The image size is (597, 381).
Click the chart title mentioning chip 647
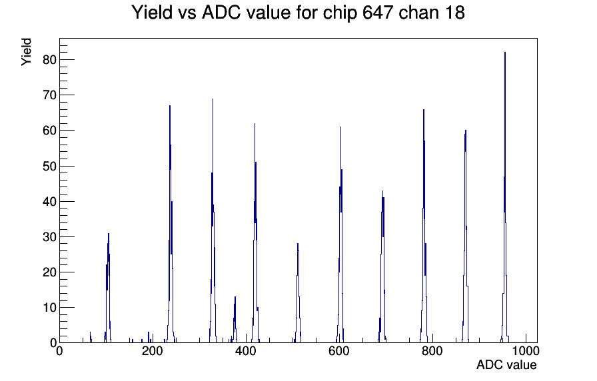[x=298, y=13]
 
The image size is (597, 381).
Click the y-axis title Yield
[x=26, y=52]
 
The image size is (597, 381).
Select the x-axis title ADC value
[x=506, y=364]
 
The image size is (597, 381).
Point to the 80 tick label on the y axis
[x=49, y=60]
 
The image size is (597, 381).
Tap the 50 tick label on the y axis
[x=49, y=167]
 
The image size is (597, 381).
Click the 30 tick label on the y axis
[x=49, y=237]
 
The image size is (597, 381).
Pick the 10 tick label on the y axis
[x=49, y=308]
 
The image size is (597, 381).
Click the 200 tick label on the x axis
[x=153, y=351]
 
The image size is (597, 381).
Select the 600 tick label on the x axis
[x=339, y=351]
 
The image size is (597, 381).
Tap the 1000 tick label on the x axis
[x=526, y=351]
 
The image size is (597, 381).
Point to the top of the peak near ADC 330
[x=213, y=99]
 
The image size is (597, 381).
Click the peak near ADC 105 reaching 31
[x=109, y=234]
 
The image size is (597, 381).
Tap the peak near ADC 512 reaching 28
[x=298, y=244]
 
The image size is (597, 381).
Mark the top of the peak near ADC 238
[x=170, y=106]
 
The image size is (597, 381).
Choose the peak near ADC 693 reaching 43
[x=382, y=191]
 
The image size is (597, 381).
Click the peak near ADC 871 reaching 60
[x=466, y=131]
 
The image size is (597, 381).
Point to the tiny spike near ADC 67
[x=91, y=337]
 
